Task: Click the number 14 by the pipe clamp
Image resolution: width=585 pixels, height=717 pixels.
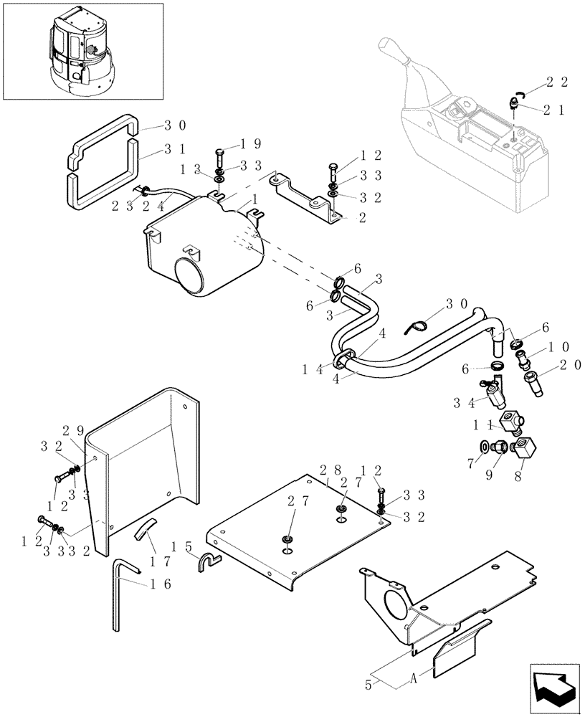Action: coord(313,369)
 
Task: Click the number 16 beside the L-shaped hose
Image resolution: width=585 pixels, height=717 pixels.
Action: coord(159,584)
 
